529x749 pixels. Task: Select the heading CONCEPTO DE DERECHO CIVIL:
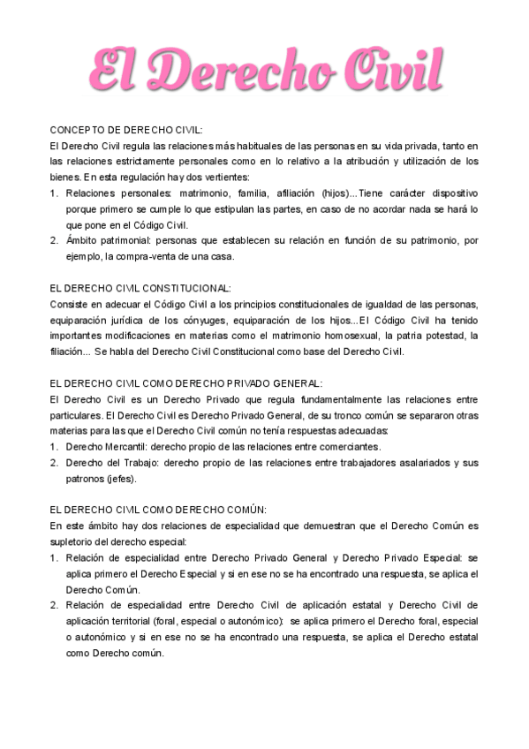pyautogui.click(x=126, y=129)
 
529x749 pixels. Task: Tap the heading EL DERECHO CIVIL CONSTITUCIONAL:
pyautogui.click(x=140, y=288)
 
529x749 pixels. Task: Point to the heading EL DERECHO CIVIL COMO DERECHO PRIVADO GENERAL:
pyautogui.click(x=186, y=383)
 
